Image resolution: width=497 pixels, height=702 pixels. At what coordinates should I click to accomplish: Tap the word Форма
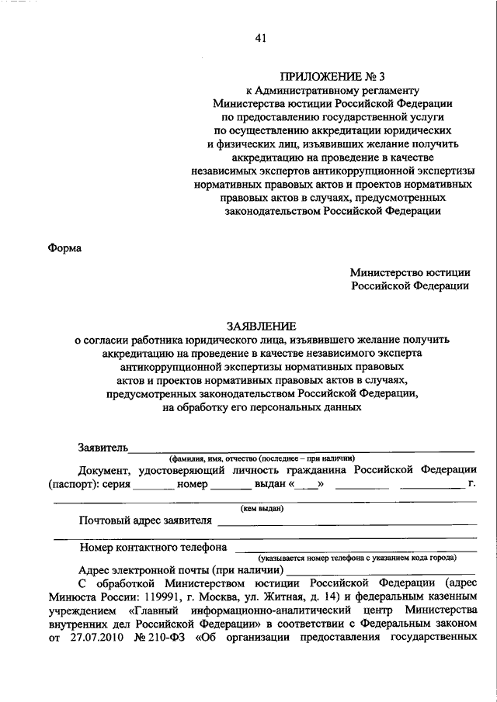point(65,248)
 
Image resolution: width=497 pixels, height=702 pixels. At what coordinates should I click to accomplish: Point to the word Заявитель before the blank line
point(103,447)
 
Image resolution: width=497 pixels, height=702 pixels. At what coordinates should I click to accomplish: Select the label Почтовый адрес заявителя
point(145,520)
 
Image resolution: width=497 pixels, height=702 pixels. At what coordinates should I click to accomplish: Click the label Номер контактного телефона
point(153,547)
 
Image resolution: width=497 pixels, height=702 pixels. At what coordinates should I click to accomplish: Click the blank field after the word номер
point(230,486)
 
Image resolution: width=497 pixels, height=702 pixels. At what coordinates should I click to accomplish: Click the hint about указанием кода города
point(358,557)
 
